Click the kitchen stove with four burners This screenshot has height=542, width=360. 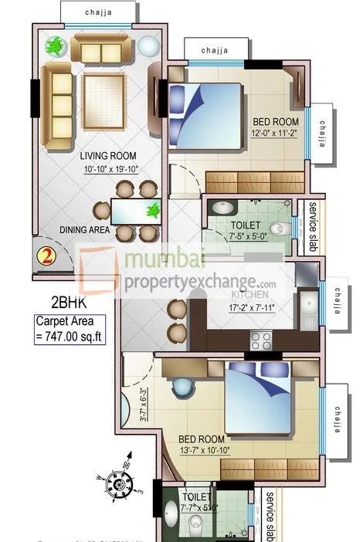261,340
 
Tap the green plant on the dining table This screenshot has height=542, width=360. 155,208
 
